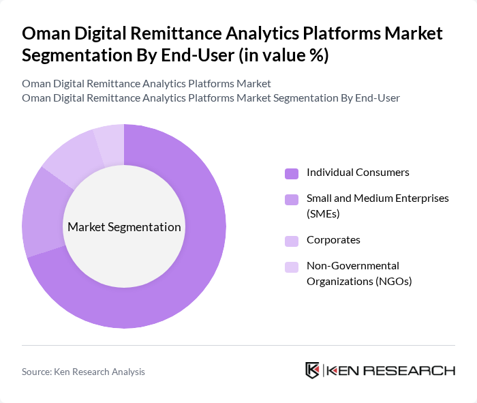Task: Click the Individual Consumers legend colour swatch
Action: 292,173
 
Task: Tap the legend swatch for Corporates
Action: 292,241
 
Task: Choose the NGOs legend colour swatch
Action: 292,267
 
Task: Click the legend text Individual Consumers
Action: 358,173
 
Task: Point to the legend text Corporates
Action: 333,240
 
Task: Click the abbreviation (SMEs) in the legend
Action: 323,213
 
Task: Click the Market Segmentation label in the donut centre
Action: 124,227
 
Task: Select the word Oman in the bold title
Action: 45,33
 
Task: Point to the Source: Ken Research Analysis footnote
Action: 83,372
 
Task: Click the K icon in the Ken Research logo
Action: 313,370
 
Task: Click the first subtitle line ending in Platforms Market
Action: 147,83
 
